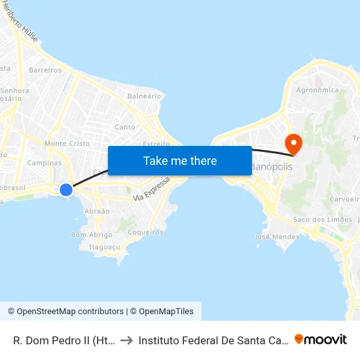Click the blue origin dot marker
[66, 190]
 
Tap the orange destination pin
[293, 144]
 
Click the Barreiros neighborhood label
[45, 70]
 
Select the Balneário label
[145, 96]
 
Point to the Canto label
[125, 127]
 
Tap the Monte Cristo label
[67, 143]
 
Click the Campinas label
[45, 163]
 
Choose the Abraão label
[97, 211]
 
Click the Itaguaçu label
[104, 247]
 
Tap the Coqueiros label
[145, 232]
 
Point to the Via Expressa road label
[151, 189]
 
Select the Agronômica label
[317, 90]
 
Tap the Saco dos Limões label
[323, 219]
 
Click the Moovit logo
[321, 339]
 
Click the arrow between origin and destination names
[126, 340]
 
